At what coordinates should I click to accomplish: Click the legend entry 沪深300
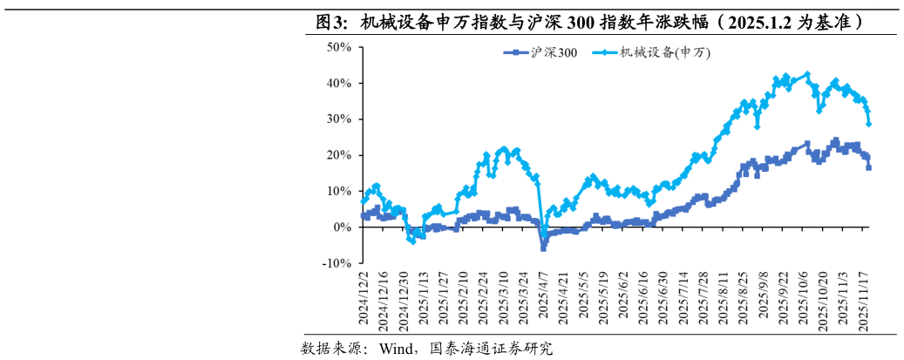[x=554, y=53]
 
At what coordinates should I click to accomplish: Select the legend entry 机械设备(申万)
[x=664, y=53]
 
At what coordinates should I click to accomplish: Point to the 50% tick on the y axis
[x=339, y=47]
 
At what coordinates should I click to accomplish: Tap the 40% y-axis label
[x=339, y=84]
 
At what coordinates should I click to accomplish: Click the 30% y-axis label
[x=339, y=119]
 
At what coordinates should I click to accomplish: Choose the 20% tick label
[x=339, y=155]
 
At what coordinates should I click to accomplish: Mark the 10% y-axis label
[x=339, y=191]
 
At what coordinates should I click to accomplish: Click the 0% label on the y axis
[x=343, y=227]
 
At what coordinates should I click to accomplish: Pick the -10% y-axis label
[x=337, y=263]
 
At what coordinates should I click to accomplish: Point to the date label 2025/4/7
[x=544, y=300]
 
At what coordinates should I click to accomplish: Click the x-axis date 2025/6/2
[x=622, y=300]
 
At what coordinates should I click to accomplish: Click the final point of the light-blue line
[x=869, y=124]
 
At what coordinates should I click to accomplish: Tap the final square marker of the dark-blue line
[x=869, y=166]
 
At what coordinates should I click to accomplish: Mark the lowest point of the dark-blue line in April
[x=544, y=248]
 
